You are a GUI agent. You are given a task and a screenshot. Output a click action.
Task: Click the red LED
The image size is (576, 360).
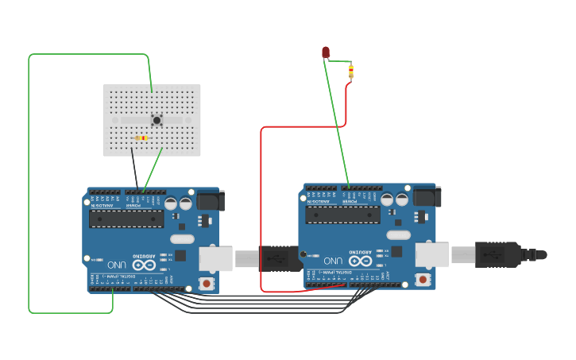click(325, 52)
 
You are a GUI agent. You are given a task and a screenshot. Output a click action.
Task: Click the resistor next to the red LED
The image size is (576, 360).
click(351, 73)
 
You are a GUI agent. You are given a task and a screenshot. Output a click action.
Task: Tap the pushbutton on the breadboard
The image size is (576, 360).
click(157, 120)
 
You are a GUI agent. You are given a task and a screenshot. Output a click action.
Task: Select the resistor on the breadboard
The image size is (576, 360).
click(141, 138)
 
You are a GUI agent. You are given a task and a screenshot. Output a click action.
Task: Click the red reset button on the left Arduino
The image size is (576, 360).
click(207, 283)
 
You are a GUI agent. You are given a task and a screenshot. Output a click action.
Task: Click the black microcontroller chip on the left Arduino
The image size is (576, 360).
click(126, 219)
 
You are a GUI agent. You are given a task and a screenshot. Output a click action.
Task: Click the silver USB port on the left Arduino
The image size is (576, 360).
click(215, 258)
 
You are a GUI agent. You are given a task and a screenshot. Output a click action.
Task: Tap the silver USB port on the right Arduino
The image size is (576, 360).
click(432, 254)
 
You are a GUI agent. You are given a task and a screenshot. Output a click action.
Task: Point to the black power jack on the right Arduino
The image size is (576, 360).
click(427, 195)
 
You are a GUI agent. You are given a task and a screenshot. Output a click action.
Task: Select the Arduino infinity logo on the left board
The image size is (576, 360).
click(145, 265)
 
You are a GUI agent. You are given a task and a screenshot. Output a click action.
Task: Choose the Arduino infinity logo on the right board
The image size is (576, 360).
click(361, 261)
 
